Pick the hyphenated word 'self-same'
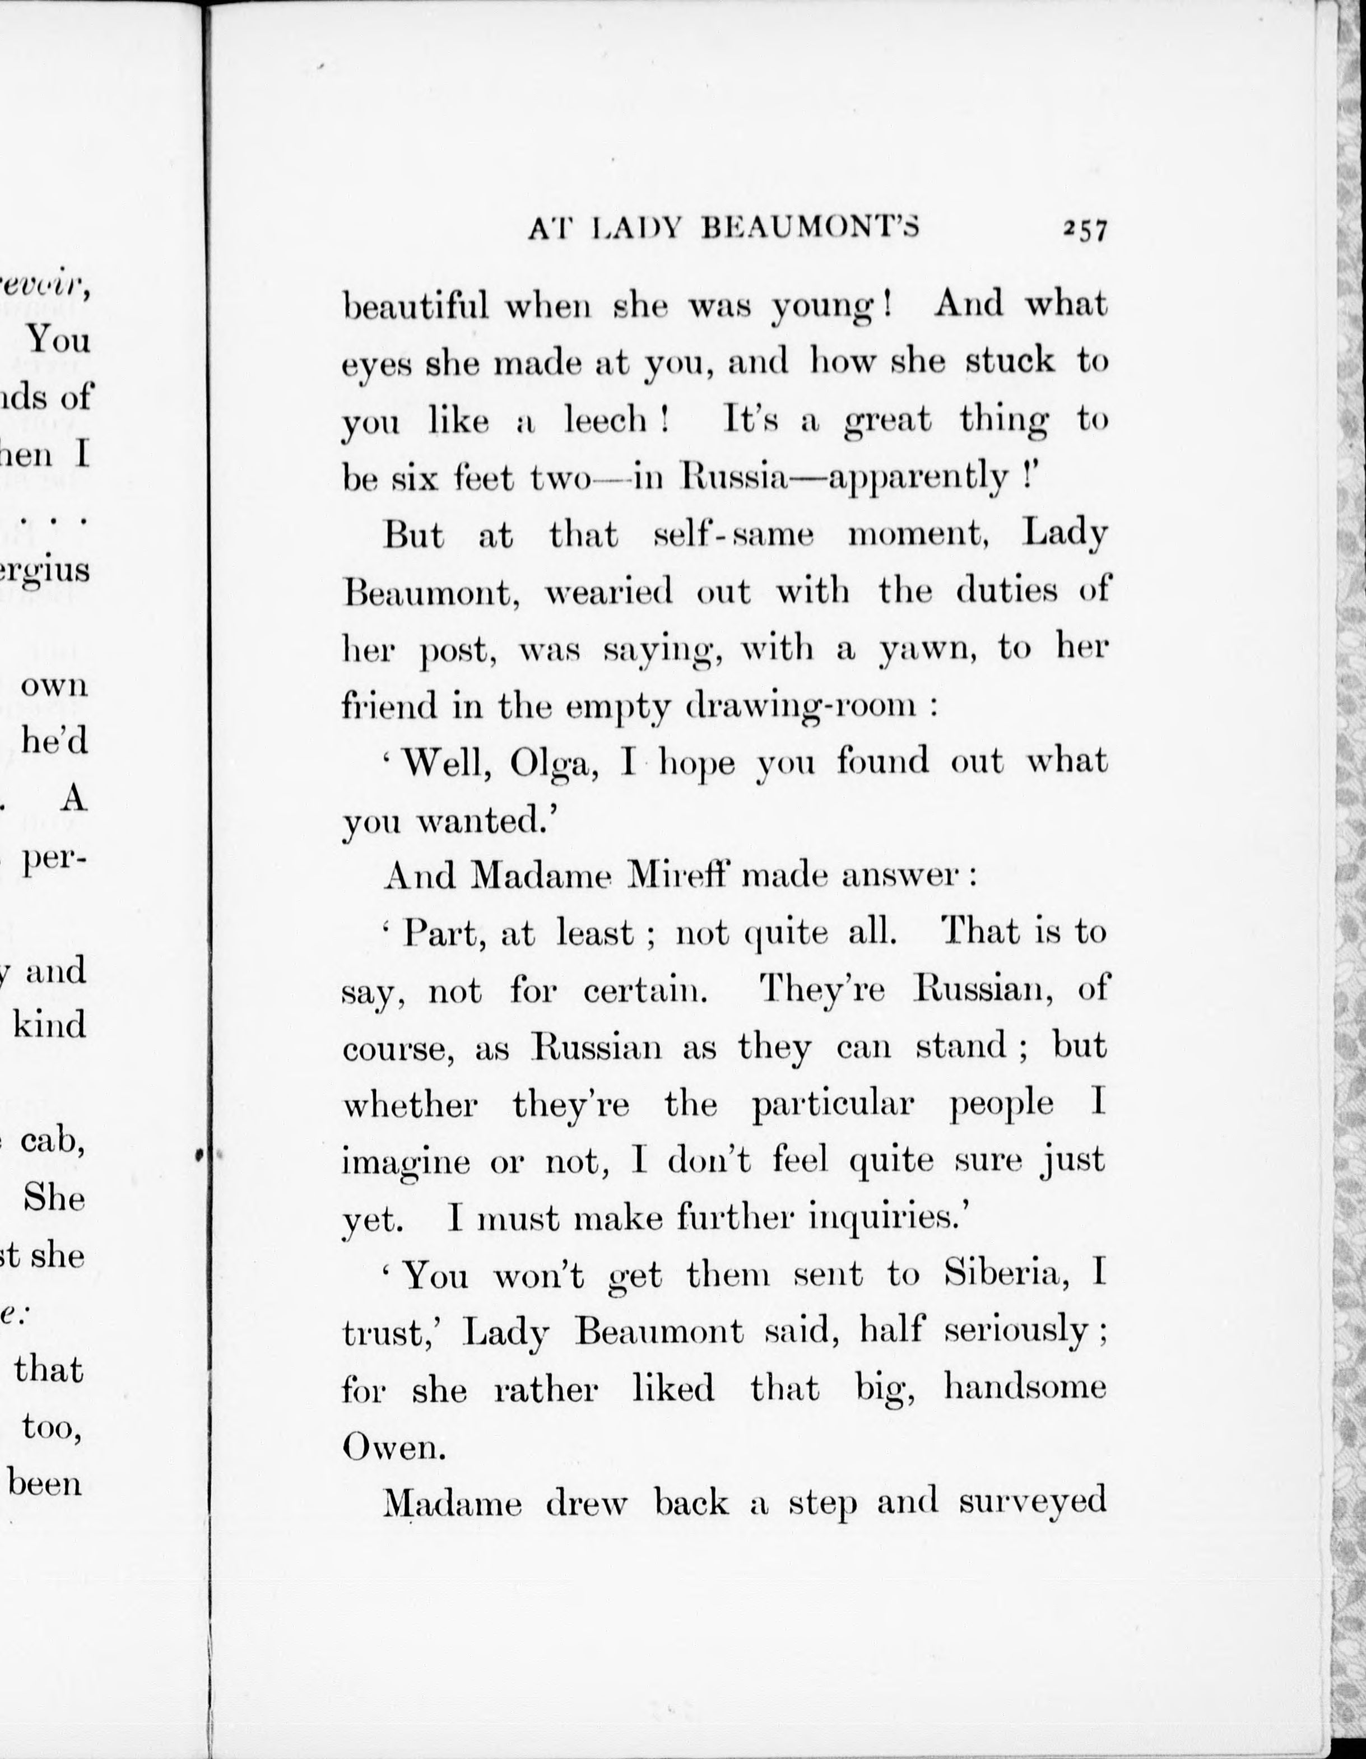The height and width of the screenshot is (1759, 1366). [734, 535]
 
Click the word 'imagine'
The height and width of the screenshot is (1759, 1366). [405, 1163]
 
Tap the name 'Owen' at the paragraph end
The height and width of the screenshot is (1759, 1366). [392, 1448]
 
